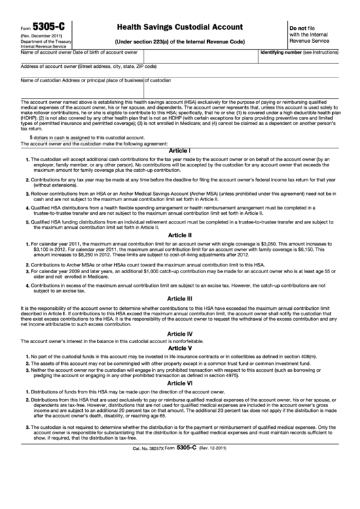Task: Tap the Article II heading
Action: (180, 234)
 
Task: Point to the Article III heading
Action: (180, 298)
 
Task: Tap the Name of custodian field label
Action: (46, 80)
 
